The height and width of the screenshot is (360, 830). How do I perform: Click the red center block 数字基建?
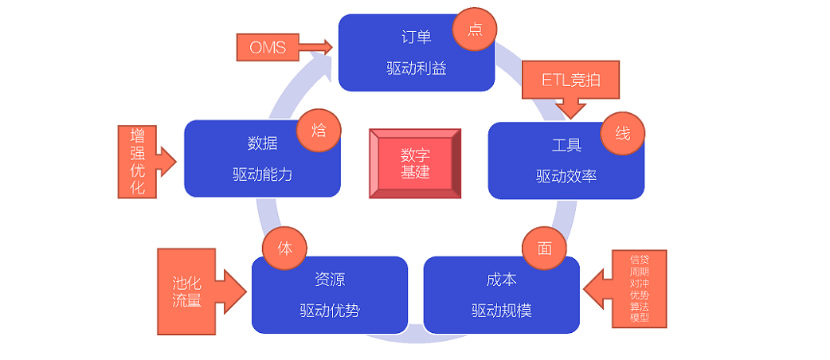(x=415, y=163)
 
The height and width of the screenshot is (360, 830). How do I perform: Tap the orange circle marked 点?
(x=475, y=30)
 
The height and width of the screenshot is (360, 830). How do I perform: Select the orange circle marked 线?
(x=623, y=133)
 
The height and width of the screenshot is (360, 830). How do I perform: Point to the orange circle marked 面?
(x=544, y=248)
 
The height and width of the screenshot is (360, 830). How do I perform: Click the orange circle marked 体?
(x=284, y=248)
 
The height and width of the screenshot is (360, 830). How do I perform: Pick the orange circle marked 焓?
(x=319, y=130)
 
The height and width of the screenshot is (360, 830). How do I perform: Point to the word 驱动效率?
(x=566, y=176)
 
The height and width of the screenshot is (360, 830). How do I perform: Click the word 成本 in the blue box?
(x=501, y=280)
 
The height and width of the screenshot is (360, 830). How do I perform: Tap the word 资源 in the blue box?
(x=329, y=280)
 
